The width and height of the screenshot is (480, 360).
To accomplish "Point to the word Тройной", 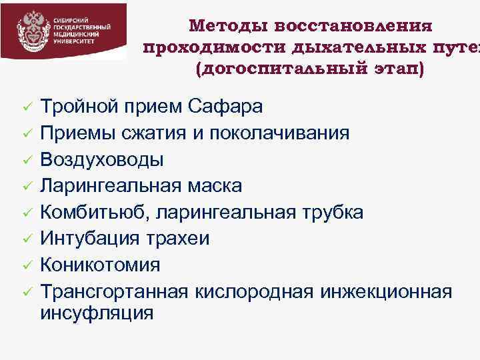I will point(78,106).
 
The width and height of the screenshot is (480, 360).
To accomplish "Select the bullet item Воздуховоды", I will point(102,159).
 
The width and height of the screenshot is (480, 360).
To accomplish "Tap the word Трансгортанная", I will point(115,291).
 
